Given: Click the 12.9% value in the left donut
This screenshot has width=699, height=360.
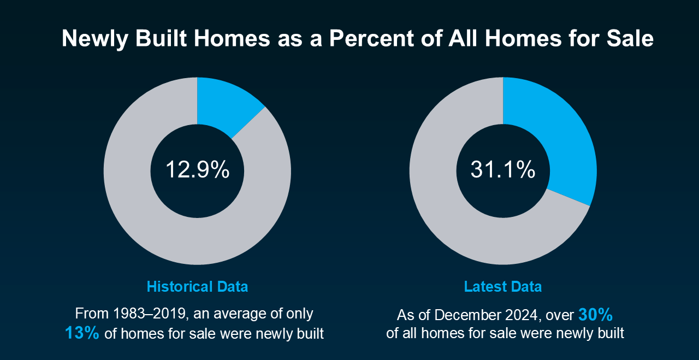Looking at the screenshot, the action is pyautogui.click(x=198, y=170).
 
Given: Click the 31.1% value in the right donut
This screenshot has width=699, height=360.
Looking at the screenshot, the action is pyautogui.click(x=503, y=170).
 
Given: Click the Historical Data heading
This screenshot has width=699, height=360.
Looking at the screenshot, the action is pyautogui.click(x=197, y=287).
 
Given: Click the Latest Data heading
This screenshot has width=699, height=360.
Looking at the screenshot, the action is pyautogui.click(x=503, y=287).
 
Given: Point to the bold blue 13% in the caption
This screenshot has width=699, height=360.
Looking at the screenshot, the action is pyautogui.click(x=82, y=333).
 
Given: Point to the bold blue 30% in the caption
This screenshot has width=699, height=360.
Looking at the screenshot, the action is pyautogui.click(x=595, y=315).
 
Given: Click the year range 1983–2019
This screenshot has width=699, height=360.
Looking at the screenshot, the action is pyautogui.click(x=151, y=314).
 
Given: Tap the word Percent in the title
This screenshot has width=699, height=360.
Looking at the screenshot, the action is pyautogui.click(x=372, y=38).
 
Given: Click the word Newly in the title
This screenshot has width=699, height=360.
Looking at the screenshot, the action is pyautogui.click(x=95, y=39).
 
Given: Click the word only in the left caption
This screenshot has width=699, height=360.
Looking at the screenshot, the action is pyautogui.click(x=299, y=314).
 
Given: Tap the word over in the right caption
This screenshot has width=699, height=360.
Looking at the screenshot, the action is pyautogui.click(x=560, y=316).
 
